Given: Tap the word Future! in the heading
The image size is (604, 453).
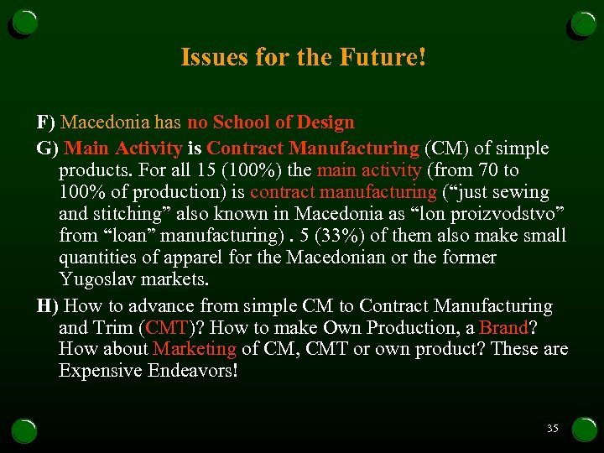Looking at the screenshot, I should pyautogui.click(x=383, y=57).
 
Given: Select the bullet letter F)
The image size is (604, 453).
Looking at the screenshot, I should pyautogui.click(x=46, y=122).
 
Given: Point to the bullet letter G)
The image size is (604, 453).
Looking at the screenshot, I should pyautogui.click(x=48, y=148).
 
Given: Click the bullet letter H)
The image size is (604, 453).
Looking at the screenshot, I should pyautogui.click(x=48, y=306).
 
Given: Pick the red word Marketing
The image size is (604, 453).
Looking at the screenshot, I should pyautogui.click(x=195, y=349).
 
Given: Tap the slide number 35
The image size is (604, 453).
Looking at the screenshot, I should pyautogui.click(x=552, y=428).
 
